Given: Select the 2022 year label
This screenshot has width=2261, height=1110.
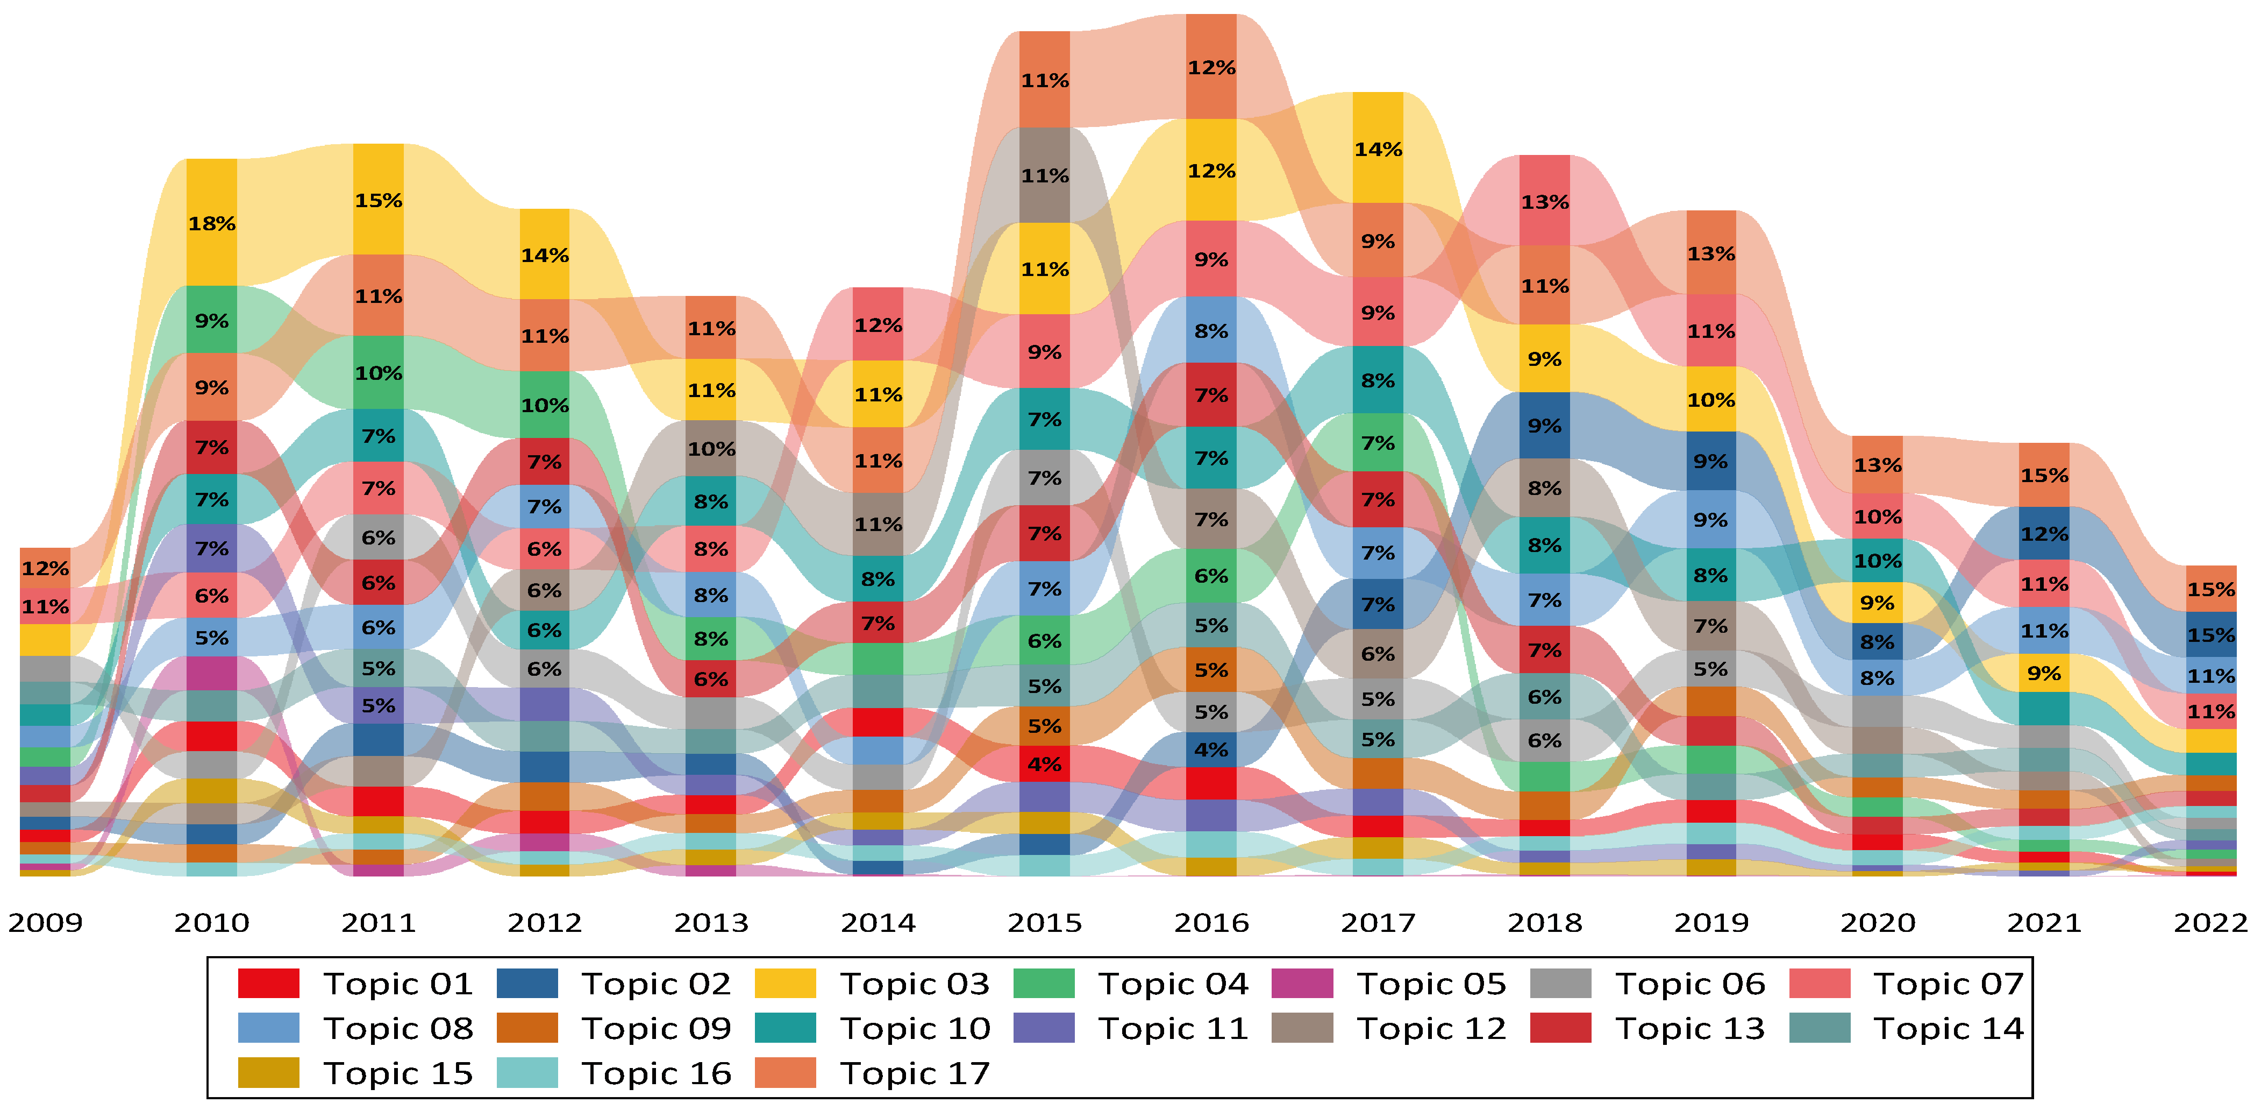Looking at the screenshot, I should coord(2210,922).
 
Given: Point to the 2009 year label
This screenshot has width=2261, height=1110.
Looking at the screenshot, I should coord(46,922).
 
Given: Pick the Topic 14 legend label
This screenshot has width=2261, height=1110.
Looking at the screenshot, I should coord(1949,1028).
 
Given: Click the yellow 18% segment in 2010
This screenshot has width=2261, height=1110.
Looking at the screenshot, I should coord(211,223).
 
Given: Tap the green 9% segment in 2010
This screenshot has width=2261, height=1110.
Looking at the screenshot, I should coord(211,320).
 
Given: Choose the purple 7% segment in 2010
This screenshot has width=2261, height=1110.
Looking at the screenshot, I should coord(211,548).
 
